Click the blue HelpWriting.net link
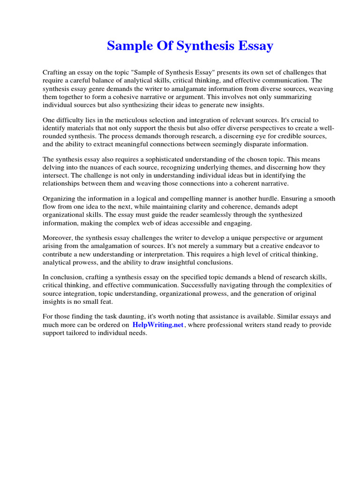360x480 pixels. point(157,325)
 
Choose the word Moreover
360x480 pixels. point(58,238)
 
